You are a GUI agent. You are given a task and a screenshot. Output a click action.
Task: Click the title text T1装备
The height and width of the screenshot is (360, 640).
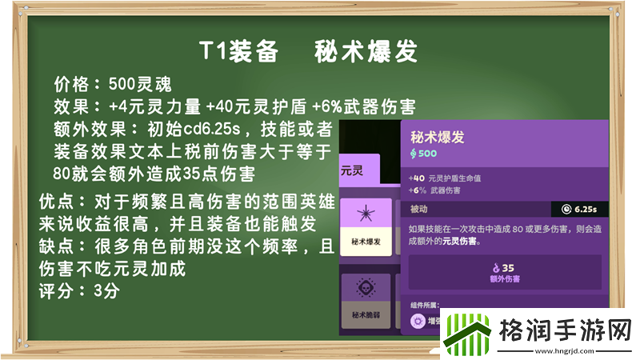pos(238,52)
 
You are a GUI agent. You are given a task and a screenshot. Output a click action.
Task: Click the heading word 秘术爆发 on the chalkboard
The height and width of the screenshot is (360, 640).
pos(367,52)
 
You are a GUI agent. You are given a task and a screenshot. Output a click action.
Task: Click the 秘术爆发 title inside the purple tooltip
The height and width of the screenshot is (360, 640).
pos(437,137)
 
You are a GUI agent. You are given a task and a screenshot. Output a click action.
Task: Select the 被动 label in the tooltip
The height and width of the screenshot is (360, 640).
pos(419,210)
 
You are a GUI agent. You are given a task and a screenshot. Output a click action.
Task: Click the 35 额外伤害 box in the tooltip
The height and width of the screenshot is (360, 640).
pos(505,272)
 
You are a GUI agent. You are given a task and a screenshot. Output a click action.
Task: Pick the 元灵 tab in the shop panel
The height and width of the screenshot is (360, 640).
pos(353,170)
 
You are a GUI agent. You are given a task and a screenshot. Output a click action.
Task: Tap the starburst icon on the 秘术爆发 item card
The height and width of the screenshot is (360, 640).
pos(365,217)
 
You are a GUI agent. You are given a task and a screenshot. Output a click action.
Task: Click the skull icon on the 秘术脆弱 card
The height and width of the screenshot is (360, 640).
pos(365,289)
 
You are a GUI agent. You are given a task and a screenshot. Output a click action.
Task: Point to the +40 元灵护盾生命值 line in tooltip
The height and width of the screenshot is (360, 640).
pos(450,178)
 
